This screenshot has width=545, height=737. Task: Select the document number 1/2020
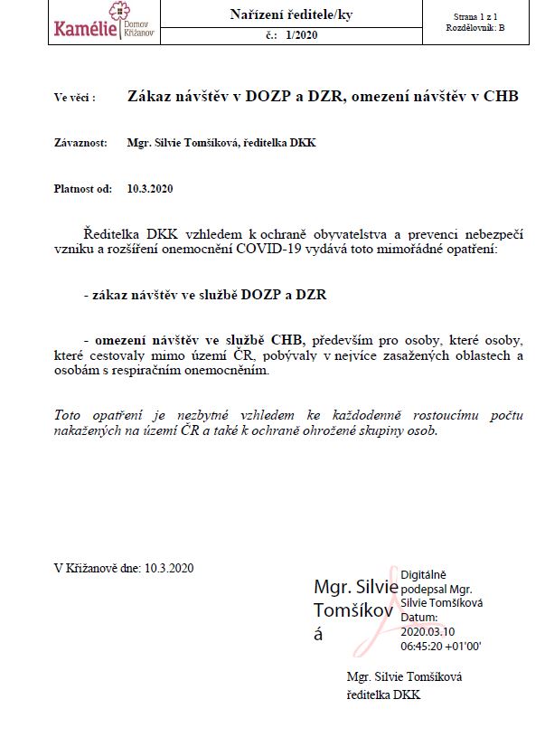(x=301, y=36)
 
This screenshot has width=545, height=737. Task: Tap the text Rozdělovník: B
(x=476, y=29)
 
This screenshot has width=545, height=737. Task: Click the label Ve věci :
(x=74, y=97)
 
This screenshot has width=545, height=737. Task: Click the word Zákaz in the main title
(x=150, y=96)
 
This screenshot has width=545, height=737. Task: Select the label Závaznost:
(x=80, y=143)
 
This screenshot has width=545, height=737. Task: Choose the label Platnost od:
(x=83, y=189)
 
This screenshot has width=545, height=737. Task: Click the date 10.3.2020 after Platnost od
(x=150, y=189)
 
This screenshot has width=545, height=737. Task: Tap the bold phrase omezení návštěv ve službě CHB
(x=200, y=339)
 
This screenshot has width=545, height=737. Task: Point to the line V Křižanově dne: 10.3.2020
(x=124, y=568)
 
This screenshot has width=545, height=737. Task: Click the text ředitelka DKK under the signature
(x=383, y=694)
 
